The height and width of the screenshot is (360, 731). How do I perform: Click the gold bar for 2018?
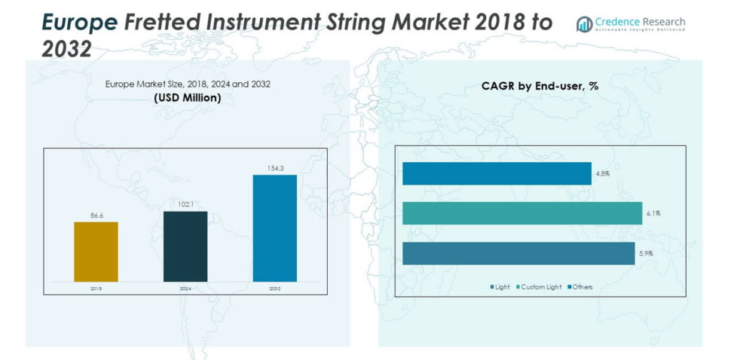coord(96,251)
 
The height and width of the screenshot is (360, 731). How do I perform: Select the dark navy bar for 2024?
coord(186,246)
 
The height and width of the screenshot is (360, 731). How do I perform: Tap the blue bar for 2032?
coord(275,228)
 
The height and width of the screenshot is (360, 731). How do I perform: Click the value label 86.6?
coord(96,214)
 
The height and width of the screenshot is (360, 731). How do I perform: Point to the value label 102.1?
coord(186,204)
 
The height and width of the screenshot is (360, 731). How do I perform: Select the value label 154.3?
coord(275,167)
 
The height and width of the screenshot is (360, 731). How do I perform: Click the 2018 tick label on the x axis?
coord(96,288)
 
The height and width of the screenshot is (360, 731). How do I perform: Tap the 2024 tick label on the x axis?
coord(186,288)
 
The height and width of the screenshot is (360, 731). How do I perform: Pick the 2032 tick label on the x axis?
coord(275,288)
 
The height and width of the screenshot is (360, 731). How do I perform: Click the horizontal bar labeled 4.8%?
coord(496,174)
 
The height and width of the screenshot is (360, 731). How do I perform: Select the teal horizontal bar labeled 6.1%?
coord(522,213)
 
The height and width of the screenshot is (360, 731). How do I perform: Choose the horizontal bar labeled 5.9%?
coord(518,254)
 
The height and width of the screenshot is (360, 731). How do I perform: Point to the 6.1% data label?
coord(653,213)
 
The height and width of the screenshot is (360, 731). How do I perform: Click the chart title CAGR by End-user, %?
coord(540,86)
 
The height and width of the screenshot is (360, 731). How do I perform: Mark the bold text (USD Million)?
coord(188,97)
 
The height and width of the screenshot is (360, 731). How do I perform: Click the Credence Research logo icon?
coord(584,24)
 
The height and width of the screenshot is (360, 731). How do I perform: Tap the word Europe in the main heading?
coord(79,23)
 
